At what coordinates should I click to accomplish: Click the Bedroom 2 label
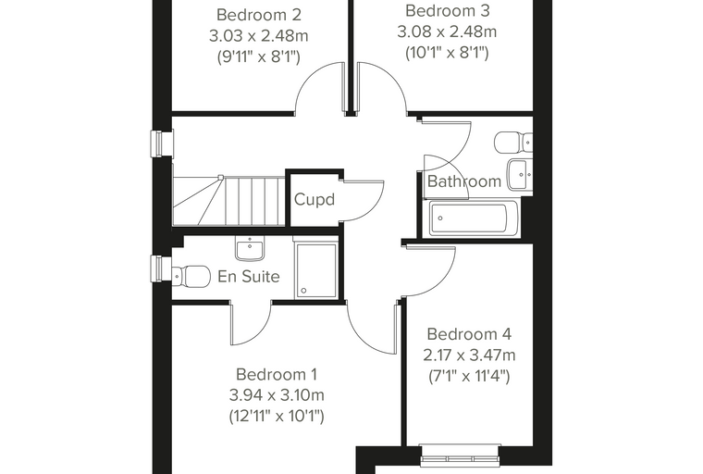[259, 15]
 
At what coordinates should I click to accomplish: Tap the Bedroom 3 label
[447, 10]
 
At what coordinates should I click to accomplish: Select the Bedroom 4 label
[469, 334]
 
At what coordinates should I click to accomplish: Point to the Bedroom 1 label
[277, 374]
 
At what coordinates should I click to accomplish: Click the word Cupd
[314, 199]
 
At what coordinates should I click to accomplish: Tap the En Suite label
[249, 276]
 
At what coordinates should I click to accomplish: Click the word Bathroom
[464, 181]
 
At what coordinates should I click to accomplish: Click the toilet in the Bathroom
[513, 143]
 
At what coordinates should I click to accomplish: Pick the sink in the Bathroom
[520, 174]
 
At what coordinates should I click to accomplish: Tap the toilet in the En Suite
[191, 275]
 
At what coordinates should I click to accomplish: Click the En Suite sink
[250, 248]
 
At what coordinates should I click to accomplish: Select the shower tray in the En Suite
[315, 270]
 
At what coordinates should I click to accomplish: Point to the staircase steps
[229, 200]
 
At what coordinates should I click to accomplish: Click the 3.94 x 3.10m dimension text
[277, 395]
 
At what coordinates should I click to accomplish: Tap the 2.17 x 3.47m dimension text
[469, 355]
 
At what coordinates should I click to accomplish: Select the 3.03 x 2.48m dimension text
[259, 35]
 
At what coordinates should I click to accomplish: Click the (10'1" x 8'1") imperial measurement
[447, 53]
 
